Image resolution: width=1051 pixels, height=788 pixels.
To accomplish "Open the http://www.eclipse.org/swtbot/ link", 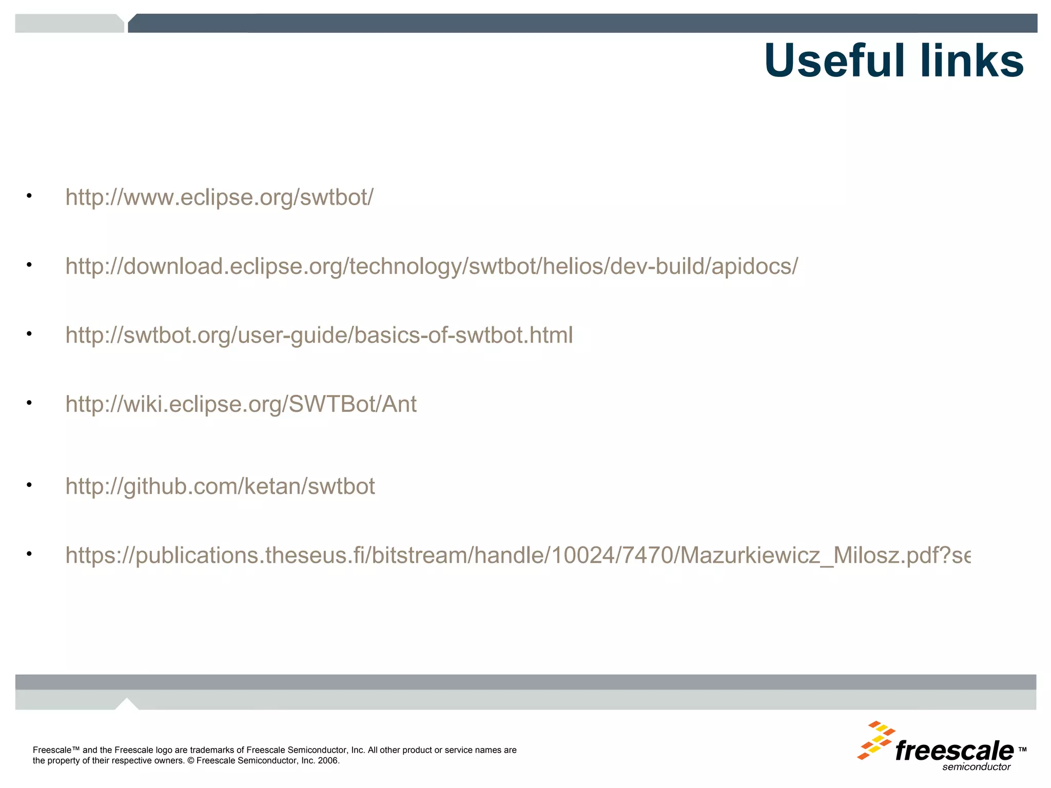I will (x=219, y=198).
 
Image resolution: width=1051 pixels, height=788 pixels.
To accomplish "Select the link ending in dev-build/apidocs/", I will (x=431, y=266).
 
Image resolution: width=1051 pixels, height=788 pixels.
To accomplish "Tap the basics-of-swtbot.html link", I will (x=319, y=336).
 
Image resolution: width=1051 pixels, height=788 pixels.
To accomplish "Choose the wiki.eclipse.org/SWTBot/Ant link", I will (x=241, y=404).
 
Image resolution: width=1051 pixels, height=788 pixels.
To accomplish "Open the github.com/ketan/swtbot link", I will (x=220, y=486).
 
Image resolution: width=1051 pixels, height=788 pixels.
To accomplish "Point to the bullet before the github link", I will (x=29, y=484).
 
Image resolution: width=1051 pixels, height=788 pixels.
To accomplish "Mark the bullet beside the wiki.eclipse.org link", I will (x=29, y=402).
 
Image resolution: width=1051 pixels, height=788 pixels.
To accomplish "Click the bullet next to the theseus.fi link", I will (x=29, y=554).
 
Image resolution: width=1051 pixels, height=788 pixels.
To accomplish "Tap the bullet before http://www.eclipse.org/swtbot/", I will (x=29, y=195).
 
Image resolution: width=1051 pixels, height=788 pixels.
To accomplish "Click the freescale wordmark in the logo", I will (x=954, y=751).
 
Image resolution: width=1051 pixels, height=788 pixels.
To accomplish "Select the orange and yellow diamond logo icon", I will (x=876, y=740).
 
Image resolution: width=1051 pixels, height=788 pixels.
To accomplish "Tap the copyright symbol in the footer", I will (x=191, y=761).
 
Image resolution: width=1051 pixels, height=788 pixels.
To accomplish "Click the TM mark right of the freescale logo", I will (x=1022, y=750).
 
